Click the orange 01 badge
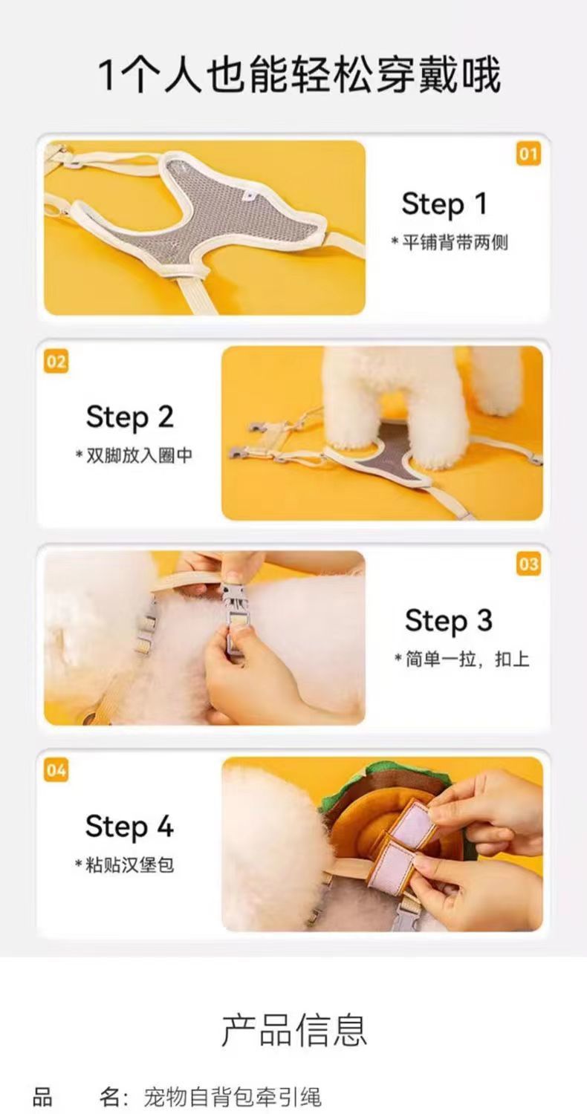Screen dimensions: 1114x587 [x=528, y=154]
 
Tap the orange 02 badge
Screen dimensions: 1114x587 [x=56, y=362]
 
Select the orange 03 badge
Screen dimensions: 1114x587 [x=528, y=564]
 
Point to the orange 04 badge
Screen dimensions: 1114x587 [x=56, y=769]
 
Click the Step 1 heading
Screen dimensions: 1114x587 [x=444, y=203]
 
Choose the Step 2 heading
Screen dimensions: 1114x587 [x=129, y=417]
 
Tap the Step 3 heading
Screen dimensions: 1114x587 [x=448, y=620]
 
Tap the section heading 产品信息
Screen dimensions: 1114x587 [x=294, y=1029]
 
